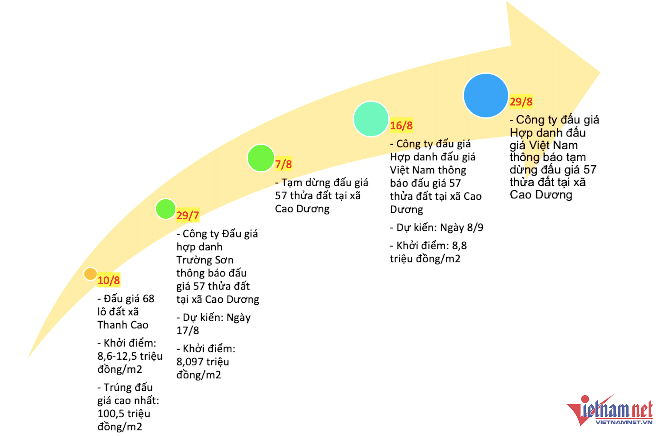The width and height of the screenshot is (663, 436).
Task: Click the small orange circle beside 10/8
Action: click(x=90, y=274)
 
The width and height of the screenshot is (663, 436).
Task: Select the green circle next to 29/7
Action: click(x=166, y=209)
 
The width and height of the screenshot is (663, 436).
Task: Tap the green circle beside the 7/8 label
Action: click(x=261, y=158)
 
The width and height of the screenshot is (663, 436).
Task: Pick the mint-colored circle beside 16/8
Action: click(x=371, y=119)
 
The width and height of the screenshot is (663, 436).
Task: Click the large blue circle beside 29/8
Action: click(x=486, y=95)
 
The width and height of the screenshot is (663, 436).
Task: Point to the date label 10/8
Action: click(x=109, y=280)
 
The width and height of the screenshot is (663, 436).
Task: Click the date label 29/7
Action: click(x=188, y=215)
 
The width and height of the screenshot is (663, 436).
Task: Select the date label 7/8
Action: click(x=284, y=164)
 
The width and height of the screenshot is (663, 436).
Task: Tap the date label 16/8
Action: click(x=401, y=125)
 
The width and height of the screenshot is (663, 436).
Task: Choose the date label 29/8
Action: click(x=521, y=102)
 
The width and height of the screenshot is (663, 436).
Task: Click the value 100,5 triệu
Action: click(x=124, y=414)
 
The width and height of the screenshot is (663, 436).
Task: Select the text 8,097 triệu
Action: click(x=203, y=362)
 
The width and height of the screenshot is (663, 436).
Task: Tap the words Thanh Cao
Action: click(x=123, y=325)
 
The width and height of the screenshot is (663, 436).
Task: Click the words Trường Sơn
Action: click(x=205, y=260)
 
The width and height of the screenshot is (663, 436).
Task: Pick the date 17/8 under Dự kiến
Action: click(x=188, y=331)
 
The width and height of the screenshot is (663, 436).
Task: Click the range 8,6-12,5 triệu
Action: click(x=130, y=356)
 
